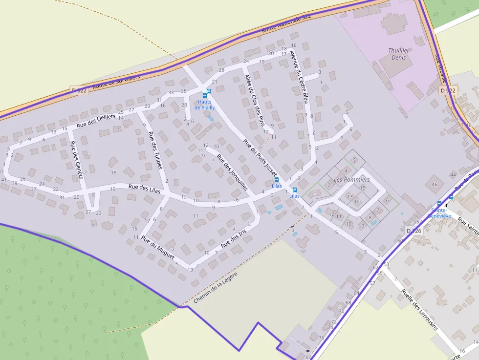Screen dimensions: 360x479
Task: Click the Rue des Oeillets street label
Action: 96,120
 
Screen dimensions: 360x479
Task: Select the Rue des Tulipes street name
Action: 155,150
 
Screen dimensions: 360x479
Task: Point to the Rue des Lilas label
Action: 144,189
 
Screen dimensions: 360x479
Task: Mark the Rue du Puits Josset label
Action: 260,156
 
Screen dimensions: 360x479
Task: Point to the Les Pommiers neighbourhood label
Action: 351,179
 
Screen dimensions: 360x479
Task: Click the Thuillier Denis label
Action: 399,54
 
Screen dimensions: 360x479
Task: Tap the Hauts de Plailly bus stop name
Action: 204,105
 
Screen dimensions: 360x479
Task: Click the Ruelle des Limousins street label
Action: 419,310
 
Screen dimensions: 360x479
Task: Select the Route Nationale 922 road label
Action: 286,23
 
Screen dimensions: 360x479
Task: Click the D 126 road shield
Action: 414,231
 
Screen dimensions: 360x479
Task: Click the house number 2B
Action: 184,105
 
